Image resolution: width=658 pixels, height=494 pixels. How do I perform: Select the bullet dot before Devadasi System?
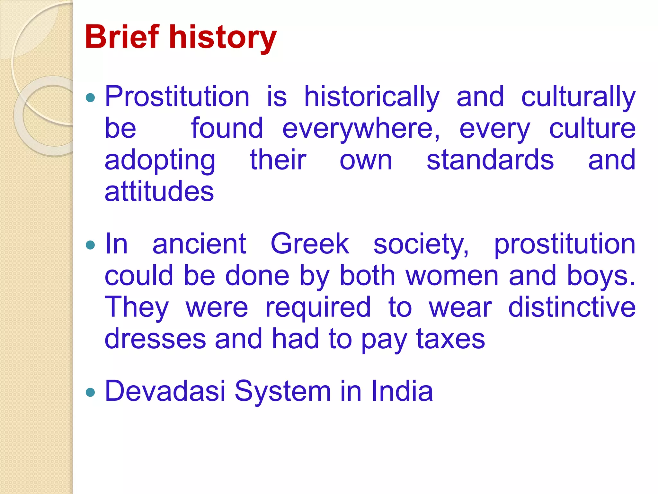coord(91,392)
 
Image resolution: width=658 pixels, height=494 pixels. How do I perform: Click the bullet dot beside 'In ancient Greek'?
coord(91,245)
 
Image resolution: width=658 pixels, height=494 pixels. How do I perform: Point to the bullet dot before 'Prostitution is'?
coord(91,97)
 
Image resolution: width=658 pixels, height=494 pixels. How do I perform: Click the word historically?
coord(372,97)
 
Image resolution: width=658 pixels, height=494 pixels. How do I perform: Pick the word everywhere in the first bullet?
coord(361,129)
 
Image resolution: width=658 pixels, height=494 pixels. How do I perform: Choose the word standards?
coord(490,160)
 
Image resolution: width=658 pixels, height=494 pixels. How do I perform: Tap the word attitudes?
coord(159,191)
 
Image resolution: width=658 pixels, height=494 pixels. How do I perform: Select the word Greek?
coord(310,244)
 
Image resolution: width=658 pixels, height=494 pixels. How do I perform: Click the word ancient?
coord(199,244)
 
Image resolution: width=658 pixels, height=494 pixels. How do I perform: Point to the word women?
coord(452,276)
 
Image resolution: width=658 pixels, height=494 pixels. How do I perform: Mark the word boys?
coord(601,276)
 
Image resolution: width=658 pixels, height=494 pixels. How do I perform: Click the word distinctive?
coord(572,307)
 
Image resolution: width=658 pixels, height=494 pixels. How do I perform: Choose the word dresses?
coord(155,339)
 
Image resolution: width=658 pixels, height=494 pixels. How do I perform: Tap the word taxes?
coord(450,339)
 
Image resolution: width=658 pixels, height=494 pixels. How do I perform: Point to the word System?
coord(283,392)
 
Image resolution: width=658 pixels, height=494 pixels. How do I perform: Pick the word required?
coord(318,308)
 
